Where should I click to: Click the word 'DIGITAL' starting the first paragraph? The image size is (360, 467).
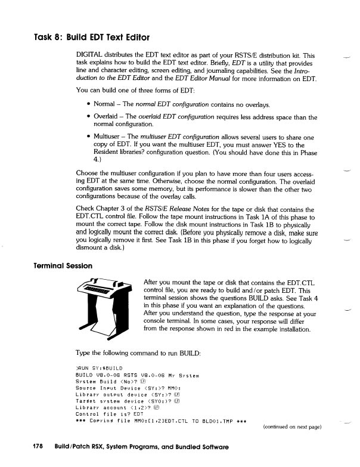pyautogui.click(x=90, y=55)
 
